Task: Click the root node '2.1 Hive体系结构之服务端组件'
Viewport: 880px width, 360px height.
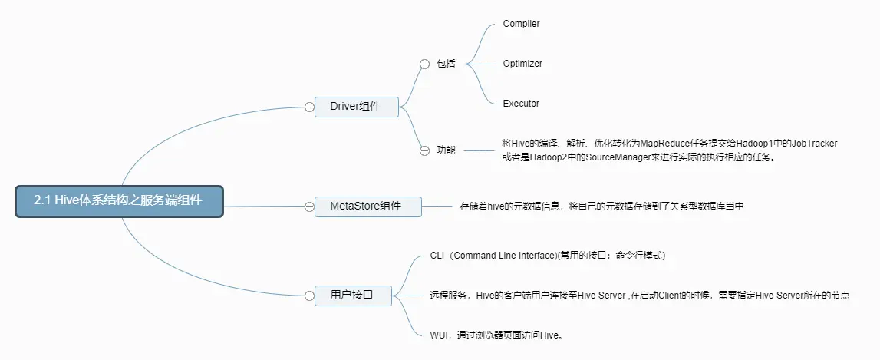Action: pyautogui.click(x=119, y=200)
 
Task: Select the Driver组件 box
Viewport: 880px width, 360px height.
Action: pyautogui.click(x=356, y=107)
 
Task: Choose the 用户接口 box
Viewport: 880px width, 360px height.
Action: pyautogui.click(x=352, y=295)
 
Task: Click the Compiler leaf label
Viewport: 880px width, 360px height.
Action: pyautogui.click(x=522, y=24)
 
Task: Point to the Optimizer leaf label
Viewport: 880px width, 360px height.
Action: pyautogui.click(x=522, y=64)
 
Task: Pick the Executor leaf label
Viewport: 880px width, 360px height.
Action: pyautogui.click(x=521, y=104)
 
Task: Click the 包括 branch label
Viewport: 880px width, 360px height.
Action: pyautogui.click(x=446, y=64)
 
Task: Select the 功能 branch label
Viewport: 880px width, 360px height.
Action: pyautogui.click(x=446, y=150)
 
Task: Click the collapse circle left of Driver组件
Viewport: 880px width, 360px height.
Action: pyautogui.click(x=308, y=107)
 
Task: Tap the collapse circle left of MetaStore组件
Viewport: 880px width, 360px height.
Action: pyautogui.click(x=308, y=206)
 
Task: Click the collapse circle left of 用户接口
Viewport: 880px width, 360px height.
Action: pyautogui.click(x=308, y=295)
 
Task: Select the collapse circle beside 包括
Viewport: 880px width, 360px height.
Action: pyautogui.click(x=424, y=64)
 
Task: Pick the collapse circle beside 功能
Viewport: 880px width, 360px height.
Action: pyautogui.click(x=424, y=150)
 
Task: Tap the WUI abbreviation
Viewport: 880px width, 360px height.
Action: pyautogui.click(x=440, y=335)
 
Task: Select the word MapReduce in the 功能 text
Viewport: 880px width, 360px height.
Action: pyautogui.click(x=667, y=144)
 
